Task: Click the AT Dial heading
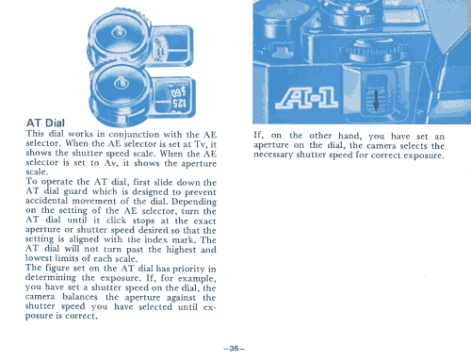(x=45, y=123)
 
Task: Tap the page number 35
(x=234, y=348)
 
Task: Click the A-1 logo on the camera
(x=306, y=98)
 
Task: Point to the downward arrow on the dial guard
(x=376, y=101)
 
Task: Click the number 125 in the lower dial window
(x=178, y=104)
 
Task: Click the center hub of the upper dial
(x=119, y=32)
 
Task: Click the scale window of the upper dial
(x=171, y=46)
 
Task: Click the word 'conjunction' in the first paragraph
(x=134, y=135)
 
